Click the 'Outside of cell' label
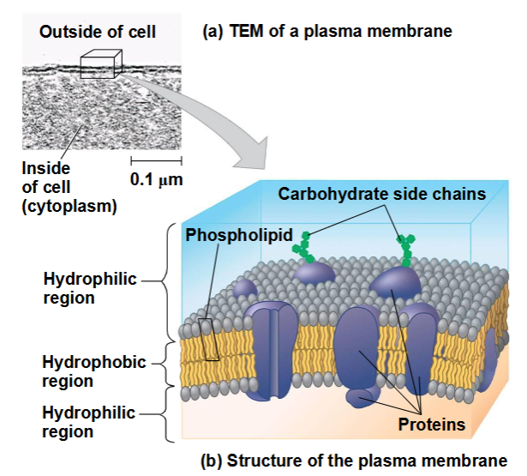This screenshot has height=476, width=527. (98, 32)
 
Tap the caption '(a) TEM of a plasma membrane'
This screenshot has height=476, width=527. (327, 31)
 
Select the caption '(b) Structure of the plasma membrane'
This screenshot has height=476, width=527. (354, 461)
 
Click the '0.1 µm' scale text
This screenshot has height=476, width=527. (157, 179)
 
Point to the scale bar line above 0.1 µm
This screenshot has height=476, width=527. (156, 160)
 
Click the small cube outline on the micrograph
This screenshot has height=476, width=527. (101, 64)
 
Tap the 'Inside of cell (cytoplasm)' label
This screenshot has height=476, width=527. (69, 187)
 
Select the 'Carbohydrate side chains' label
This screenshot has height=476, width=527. (382, 194)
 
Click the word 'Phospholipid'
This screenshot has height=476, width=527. (239, 235)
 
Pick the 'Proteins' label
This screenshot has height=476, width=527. (432, 425)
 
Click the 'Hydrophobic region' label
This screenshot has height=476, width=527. (94, 371)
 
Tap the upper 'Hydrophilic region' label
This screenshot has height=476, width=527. (90, 288)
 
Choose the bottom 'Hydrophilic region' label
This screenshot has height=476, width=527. (89, 422)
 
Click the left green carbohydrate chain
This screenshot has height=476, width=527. (303, 248)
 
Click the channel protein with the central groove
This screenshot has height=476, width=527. (271, 351)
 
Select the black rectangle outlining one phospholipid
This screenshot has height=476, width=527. (209, 340)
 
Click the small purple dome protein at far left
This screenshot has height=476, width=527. (245, 289)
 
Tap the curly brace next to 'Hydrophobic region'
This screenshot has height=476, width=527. (164, 364)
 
